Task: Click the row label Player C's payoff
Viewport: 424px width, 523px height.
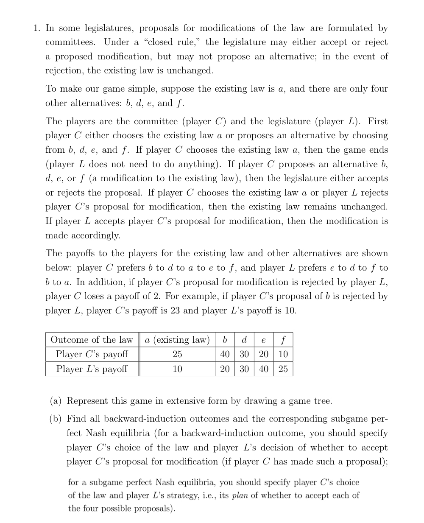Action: (x=92, y=354)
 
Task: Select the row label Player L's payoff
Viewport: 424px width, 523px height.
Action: (x=92, y=369)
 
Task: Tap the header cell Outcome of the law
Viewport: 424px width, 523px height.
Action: (x=92, y=340)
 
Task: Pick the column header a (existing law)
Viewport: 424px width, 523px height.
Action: (x=177, y=340)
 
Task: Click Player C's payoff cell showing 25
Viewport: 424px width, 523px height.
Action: (x=177, y=354)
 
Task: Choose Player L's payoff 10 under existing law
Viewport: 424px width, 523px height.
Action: (x=177, y=369)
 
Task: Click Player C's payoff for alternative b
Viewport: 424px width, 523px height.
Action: (x=225, y=354)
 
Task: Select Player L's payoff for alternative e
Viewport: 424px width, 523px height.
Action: (x=264, y=369)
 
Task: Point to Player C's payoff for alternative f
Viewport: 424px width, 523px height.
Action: (x=283, y=354)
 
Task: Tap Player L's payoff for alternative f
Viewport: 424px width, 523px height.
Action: (x=283, y=369)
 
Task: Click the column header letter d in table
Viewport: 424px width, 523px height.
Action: (x=244, y=340)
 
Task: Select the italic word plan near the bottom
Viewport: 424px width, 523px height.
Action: (x=240, y=495)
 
